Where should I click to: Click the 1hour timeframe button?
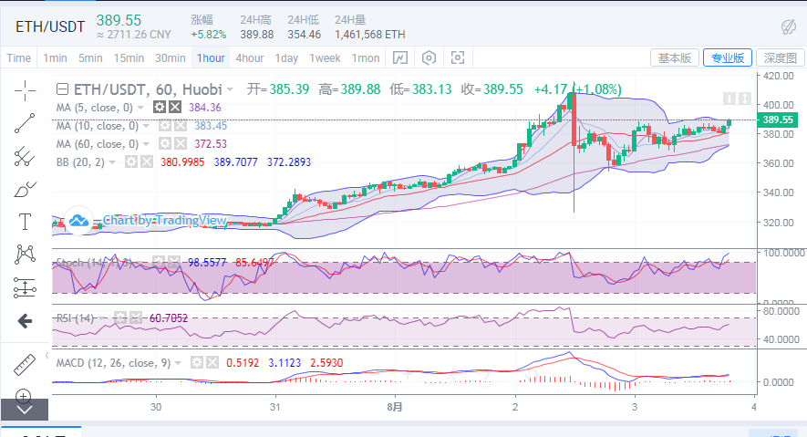[x=211, y=57]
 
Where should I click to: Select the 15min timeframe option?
[x=129, y=57]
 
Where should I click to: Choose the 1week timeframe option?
[x=325, y=57]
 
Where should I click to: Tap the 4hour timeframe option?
[x=250, y=57]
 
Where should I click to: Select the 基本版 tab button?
[x=676, y=57]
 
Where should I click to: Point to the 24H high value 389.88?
[x=257, y=35]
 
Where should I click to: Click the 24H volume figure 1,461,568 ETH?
[x=370, y=35]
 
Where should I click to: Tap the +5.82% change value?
[x=208, y=35]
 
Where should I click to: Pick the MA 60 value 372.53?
[x=211, y=144]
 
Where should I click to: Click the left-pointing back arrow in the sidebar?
[x=25, y=320]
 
